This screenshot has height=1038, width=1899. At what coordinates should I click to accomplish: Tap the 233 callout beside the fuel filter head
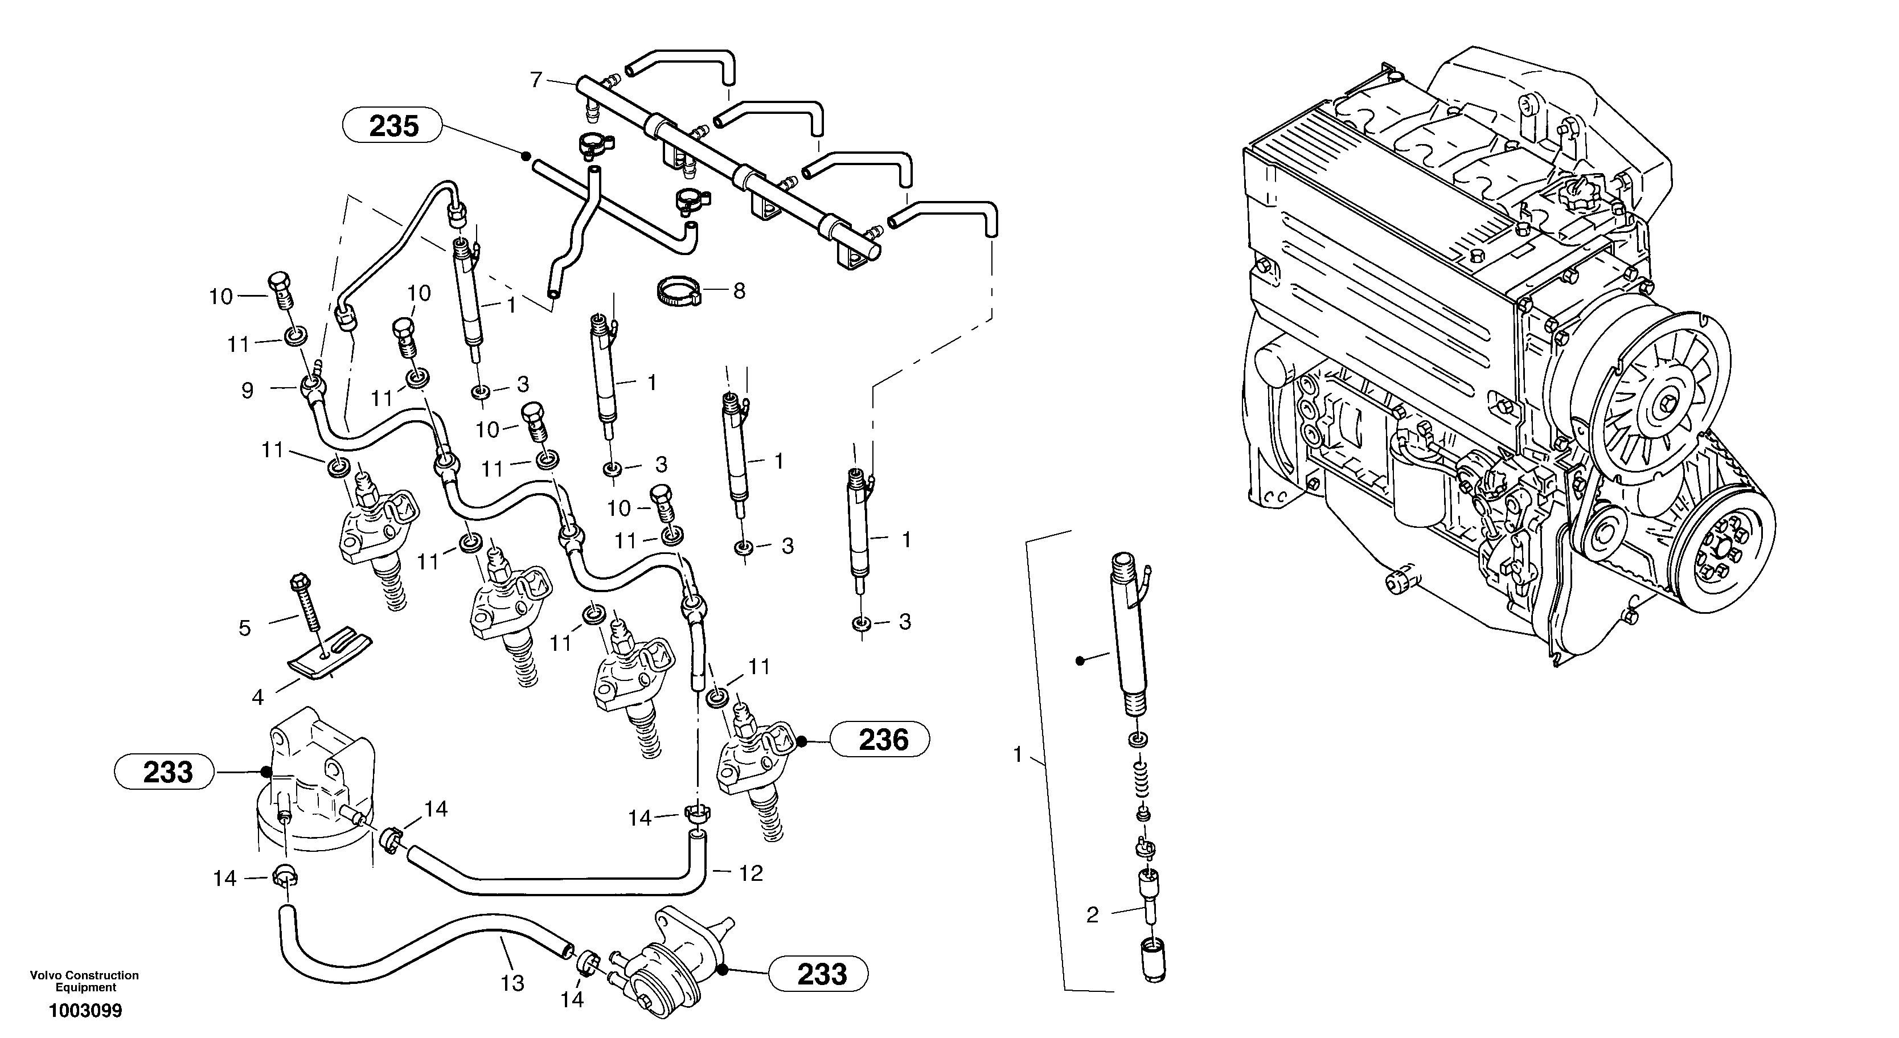(166, 772)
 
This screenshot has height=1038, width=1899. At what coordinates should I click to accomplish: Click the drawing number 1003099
(85, 1011)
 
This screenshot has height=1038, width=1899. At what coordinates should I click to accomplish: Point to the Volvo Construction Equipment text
(84, 980)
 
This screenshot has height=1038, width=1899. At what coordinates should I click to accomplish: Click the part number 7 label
(536, 79)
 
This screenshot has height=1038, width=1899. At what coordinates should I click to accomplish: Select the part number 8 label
(739, 290)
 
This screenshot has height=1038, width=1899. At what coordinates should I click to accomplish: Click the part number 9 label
(248, 390)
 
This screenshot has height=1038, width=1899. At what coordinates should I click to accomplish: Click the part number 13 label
(512, 983)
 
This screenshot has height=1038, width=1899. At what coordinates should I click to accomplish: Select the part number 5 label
(245, 628)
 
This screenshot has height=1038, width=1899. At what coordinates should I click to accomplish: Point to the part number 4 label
(257, 697)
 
